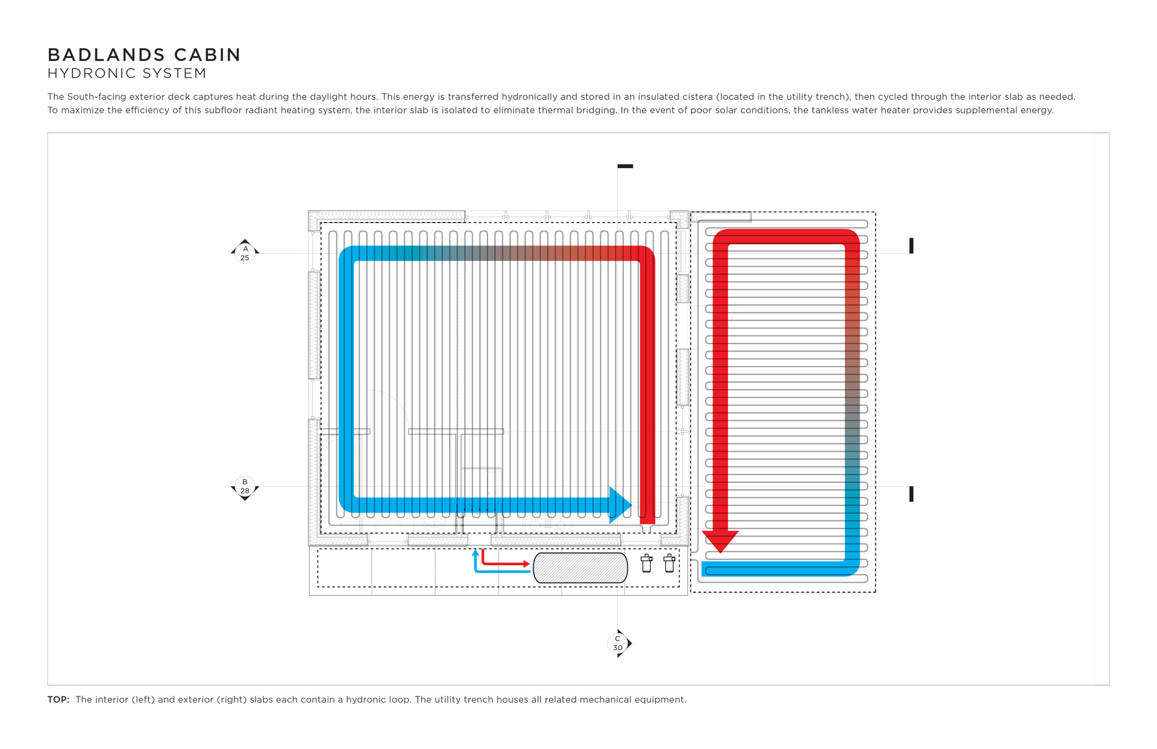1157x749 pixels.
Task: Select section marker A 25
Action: (x=245, y=253)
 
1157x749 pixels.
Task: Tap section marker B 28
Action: (x=245, y=487)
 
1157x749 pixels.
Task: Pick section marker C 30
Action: (x=618, y=643)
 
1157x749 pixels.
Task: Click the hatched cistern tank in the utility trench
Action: (x=580, y=568)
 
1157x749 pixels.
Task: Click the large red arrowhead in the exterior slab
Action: (x=720, y=541)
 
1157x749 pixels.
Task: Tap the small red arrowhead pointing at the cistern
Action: (x=526, y=564)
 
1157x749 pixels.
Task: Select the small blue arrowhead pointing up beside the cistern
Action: (x=475, y=552)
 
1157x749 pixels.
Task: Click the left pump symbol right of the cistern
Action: (x=647, y=563)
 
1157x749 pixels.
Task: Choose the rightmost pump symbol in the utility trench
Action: (x=669, y=563)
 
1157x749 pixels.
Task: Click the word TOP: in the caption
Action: (x=58, y=700)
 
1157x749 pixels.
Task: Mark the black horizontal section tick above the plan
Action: (x=625, y=166)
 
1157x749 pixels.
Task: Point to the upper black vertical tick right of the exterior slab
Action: (x=911, y=245)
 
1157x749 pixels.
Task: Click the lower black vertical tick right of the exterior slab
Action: (x=911, y=494)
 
